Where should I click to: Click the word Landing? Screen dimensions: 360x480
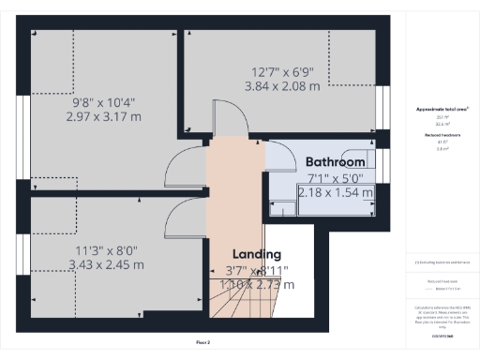tap(256, 254)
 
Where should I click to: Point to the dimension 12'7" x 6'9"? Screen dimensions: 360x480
tap(282, 72)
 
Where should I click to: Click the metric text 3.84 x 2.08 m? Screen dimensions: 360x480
tap(282, 86)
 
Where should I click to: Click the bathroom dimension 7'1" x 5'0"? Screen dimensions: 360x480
tap(335, 178)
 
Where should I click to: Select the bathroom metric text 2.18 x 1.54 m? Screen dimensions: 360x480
tap(335, 192)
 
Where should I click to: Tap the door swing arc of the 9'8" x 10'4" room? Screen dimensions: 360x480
tap(179, 170)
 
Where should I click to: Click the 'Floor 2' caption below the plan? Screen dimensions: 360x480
tap(203, 343)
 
